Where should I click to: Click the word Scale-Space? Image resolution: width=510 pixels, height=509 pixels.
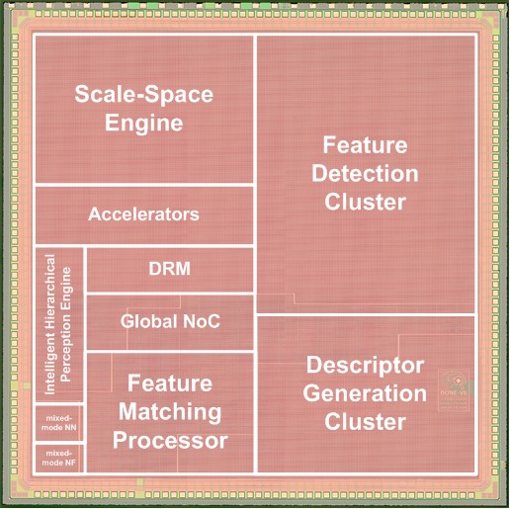coord(144,94)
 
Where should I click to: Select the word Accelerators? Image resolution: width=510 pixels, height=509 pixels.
coord(143,214)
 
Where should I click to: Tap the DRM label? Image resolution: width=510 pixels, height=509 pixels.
coord(170,269)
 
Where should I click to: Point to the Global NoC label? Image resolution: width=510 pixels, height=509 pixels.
coord(170,321)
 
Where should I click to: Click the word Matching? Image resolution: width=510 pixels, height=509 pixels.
coord(170,413)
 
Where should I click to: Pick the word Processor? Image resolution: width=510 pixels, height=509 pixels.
coord(170,441)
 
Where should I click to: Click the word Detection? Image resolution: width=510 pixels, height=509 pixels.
coord(365,174)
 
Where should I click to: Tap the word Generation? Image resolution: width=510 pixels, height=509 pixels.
coord(365,393)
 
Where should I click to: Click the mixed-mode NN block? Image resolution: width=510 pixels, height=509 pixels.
coord(59,423)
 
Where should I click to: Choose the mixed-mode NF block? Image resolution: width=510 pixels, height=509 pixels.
coord(59,458)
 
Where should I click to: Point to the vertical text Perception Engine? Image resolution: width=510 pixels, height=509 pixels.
coord(66,324)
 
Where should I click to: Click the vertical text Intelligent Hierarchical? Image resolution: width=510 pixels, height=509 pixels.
coord(49,324)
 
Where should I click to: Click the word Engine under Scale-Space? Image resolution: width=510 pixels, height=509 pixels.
coord(144,124)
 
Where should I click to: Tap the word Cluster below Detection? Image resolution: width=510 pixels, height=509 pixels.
coord(365,202)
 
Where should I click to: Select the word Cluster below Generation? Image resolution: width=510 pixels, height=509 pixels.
coord(365,422)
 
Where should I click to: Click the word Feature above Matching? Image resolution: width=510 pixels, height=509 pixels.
coord(170,383)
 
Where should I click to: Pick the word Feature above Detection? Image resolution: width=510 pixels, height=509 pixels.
coord(365,145)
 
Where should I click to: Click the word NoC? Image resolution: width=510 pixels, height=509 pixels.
coord(202,321)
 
